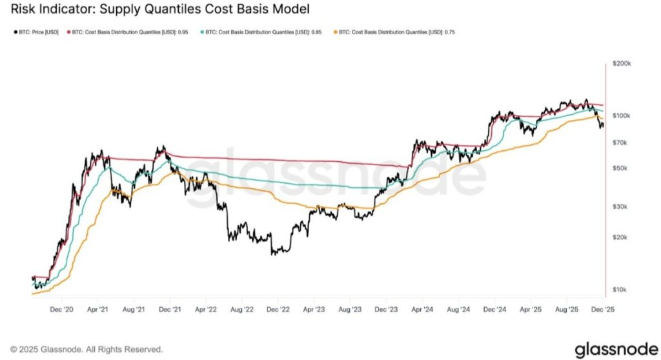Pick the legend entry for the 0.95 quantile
130,32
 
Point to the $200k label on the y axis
621,64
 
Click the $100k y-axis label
621,115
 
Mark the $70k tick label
620,142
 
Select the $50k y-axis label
620,168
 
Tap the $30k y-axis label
620,206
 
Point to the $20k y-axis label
620,237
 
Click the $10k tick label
620,289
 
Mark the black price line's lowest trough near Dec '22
274,254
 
